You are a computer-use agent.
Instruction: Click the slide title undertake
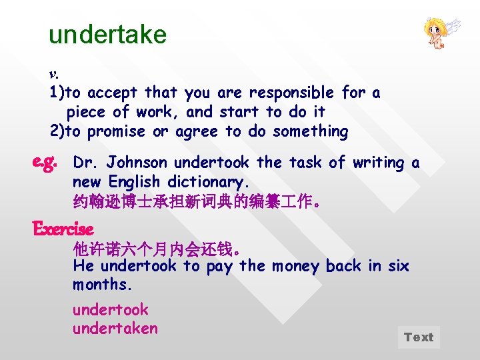coord(107,34)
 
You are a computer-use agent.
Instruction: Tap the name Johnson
coord(137,163)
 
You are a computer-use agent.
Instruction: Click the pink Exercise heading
coord(63,229)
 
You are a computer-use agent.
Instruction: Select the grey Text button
coord(419,337)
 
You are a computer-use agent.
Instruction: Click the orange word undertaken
coord(115,328)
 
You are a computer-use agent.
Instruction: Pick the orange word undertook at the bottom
coord(111,310)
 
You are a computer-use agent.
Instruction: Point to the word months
coord(103,285)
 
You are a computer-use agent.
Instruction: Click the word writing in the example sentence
coord(378,163)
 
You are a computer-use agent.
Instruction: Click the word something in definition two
coord(311,131)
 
